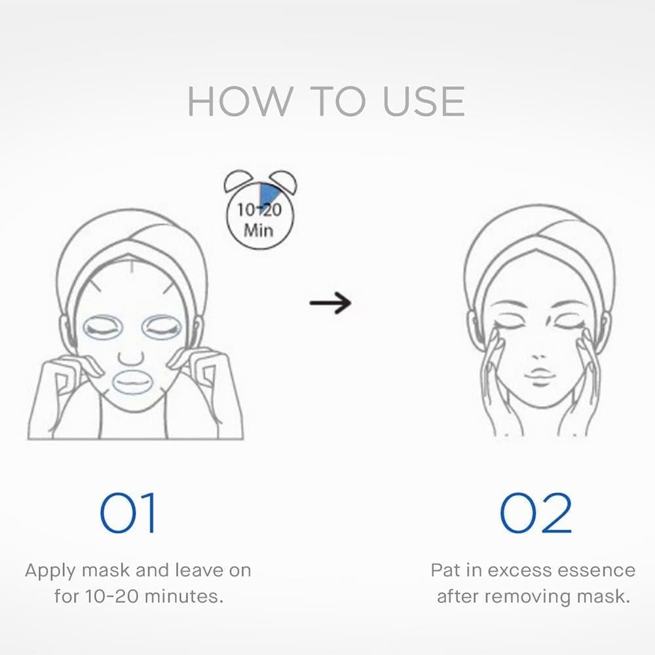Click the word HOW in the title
240,102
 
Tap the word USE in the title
424,102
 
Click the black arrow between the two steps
330,303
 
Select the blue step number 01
128,513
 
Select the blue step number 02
536,513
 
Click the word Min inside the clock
259,230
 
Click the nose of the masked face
131,358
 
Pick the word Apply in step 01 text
50,571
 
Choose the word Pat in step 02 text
445,571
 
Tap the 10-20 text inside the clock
259,210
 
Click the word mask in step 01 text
105,571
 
